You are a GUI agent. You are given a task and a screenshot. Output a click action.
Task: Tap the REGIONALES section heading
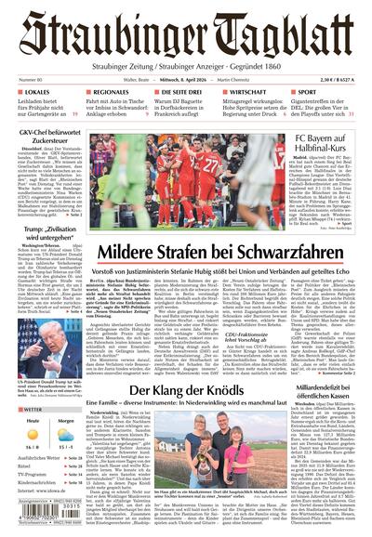(111, 93)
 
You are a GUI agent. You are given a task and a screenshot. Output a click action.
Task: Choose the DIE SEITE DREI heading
(173, 93)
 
